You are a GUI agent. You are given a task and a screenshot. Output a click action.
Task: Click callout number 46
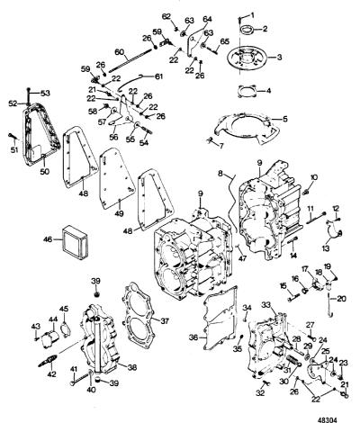[x=48, y=239]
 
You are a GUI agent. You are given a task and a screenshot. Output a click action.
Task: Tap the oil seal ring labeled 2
[x=247, y=30]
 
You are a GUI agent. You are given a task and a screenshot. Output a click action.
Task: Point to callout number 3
[x=279, y=57]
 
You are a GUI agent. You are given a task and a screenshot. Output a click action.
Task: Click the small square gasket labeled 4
[x=247, y=91]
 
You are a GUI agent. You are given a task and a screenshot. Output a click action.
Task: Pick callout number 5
[x=284, y=119]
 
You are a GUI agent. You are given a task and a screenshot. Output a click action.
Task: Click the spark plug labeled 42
[x=48, y=360]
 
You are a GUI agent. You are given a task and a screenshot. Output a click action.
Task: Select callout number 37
[x=165, y=321]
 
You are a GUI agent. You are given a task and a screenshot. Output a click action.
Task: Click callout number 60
[x=120, y=52]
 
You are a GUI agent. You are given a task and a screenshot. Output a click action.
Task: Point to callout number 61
[x=158, y=76]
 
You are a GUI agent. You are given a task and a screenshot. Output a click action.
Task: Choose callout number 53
[x=45, y=94]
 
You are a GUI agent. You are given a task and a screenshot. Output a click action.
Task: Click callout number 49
[x=120, y=213]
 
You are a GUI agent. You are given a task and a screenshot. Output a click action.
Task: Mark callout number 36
[x=193, y=337]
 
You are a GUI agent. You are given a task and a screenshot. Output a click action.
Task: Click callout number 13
[x=326, y=248]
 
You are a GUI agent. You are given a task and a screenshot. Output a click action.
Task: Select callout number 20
[x=341, y=299]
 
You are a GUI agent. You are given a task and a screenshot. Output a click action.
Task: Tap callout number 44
[x=53, y=320]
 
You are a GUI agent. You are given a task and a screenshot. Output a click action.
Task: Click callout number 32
[x=260, y=393]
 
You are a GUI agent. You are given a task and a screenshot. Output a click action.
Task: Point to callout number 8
[x=220, y=173]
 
